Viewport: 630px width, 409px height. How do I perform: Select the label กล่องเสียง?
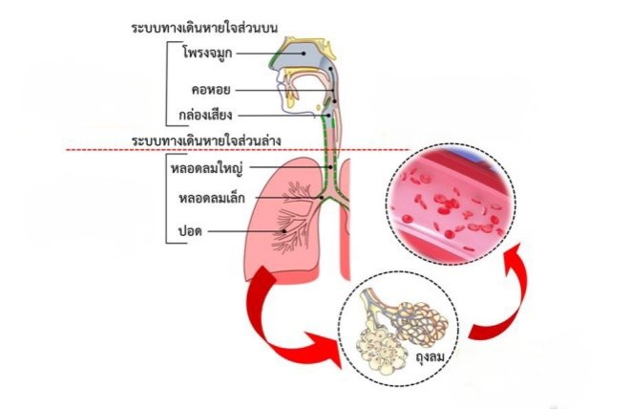[x=206, y=115]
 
